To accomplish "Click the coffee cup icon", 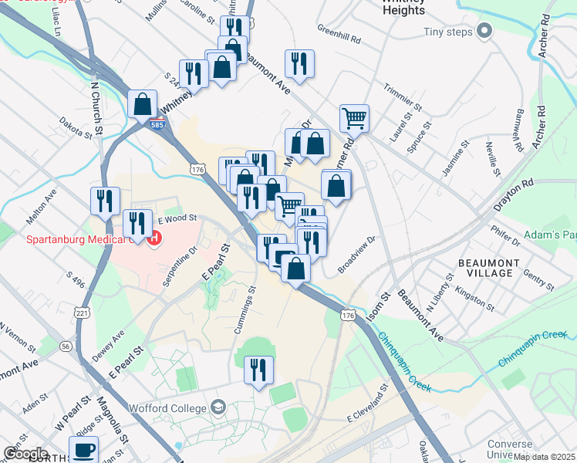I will [x=83, y=449].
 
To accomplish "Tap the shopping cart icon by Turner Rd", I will [x=354, y=118].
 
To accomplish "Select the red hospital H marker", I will [x=154, y=238].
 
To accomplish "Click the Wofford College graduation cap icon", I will [x=218, y=407].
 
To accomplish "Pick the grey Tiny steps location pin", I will [x=484, y=32].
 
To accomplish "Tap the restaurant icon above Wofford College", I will [x=258, y=370].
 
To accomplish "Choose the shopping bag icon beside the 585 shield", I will [x=143, y=103].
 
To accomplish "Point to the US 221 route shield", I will [x=82, y=313].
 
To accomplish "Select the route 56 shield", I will [x=66, y=347].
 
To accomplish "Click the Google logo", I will [x=25, y=453].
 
